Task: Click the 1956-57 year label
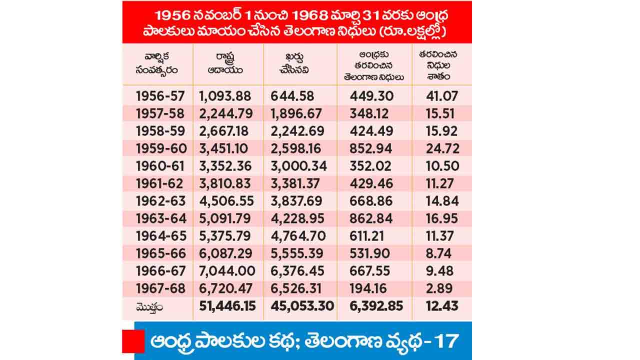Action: [x=160, y=96]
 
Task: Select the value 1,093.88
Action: [x=225, y=96]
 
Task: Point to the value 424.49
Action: [x=371, y=131]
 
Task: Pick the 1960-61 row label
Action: [x=160, y=166]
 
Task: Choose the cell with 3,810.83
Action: [x=225, y=183]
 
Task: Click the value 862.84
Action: [x=371, y=218]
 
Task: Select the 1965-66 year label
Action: [x=160, y=253]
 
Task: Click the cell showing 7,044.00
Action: [x=225, y=271]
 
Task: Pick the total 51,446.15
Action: [x=228, y=305]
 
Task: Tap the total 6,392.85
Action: [x=372, y=305]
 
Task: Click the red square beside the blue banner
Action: [x=133, y=341]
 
